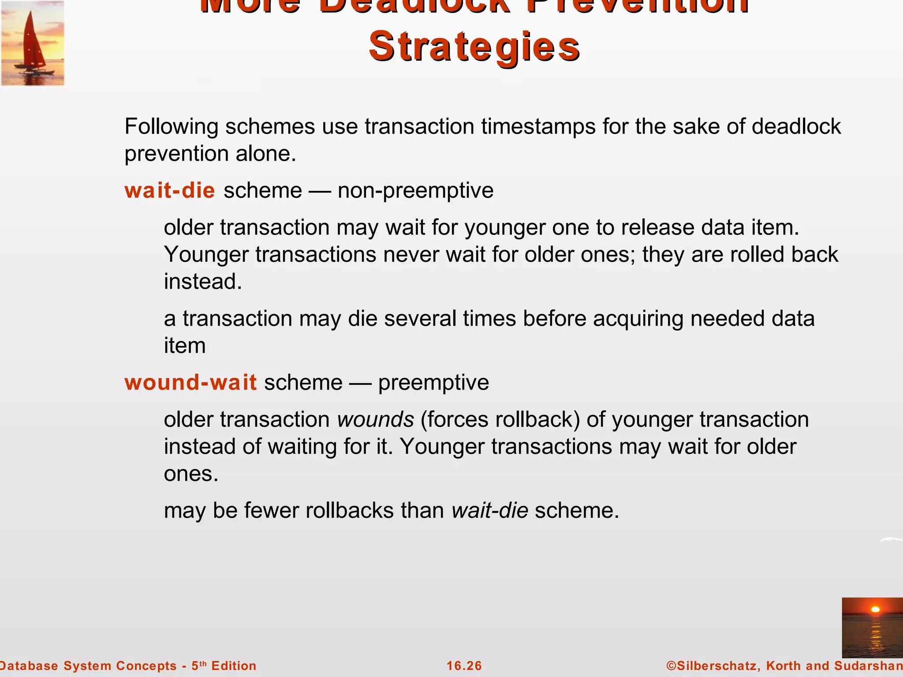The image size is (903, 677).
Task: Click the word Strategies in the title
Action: [474, 47]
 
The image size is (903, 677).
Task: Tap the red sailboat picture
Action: [33, 43]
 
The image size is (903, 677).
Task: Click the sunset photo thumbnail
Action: [872, 627]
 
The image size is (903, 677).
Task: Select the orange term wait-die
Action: [170, 190]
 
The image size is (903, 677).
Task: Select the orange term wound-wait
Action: [190, 382]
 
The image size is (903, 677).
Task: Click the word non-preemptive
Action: [415, 190]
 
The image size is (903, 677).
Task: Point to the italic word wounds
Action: [375, 419]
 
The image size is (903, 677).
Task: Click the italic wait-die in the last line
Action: [490, 510]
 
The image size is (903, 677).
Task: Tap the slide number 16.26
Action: [464, 666]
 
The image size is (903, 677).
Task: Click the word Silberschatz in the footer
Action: [717, 666]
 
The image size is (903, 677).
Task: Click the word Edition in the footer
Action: [234, 666]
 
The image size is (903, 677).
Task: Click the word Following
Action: [171, 126]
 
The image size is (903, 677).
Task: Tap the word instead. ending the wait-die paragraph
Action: [203, 282]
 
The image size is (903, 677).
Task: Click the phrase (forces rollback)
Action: [500, 419]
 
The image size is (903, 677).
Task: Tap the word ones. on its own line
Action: [191, 474]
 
